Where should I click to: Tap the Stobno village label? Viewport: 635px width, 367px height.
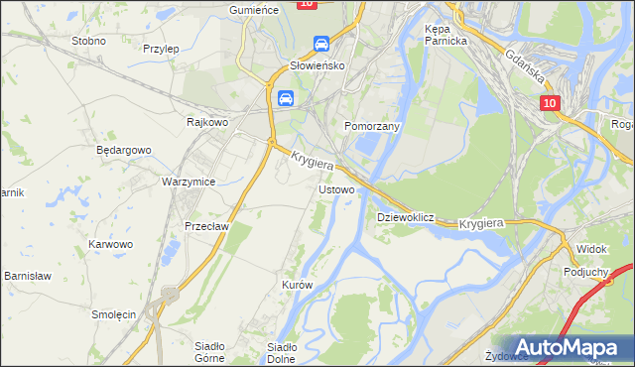click(88, 42)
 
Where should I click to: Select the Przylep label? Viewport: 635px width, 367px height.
click(160, 48)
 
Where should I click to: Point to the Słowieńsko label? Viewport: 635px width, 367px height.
click(316, 65)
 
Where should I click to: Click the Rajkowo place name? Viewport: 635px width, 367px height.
click(208, 122)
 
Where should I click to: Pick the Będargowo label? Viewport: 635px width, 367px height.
click(123, 150)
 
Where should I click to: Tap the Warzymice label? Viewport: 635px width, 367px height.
click(189, 183)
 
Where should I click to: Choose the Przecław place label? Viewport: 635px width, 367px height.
click(207, 225)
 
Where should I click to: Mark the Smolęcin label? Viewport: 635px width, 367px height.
click(113, 314)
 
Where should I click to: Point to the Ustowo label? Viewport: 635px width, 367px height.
click(335, 188)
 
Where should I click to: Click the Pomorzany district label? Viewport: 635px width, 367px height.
click(371, 127)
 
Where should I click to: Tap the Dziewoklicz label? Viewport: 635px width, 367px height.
click(406, 216)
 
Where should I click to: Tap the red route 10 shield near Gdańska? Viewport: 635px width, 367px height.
click(551, 103)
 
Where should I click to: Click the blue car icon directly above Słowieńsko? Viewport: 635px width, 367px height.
click(320, 45)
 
